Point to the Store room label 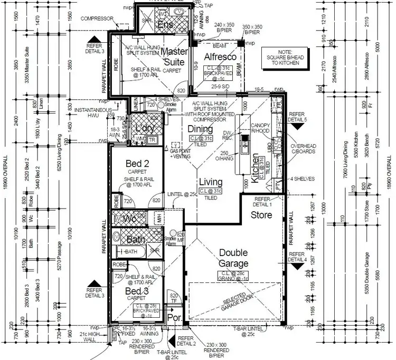coord(261,215)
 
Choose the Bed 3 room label coord(136,290)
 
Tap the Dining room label coord(200,129)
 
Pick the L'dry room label coord(145,129)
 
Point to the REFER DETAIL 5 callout coord(298,117)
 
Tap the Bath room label coord(136,240)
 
